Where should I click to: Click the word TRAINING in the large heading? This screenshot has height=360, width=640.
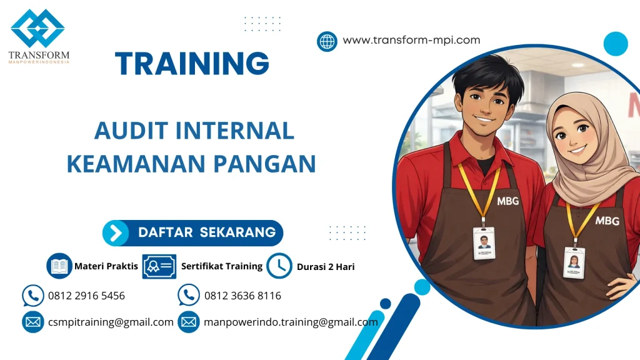[x=192, y=64]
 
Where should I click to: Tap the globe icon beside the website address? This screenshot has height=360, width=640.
[x=327, y=41]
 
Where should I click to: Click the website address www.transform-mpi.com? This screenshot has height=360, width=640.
[x=411, y=40]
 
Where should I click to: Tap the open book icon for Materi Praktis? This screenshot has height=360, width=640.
[x=59, y=266]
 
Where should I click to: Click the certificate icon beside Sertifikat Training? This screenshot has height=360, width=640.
[x=159, y=266]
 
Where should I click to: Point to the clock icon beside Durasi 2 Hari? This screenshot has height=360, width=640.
[x=279, y=266]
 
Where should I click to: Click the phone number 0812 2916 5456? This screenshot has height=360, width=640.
[x=86, y=296]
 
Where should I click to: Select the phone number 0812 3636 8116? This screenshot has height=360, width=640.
[x=242, y=296]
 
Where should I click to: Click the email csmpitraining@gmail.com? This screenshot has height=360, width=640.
[x=111, y=322]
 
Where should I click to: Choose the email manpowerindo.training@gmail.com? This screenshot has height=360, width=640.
[x=291, y=322]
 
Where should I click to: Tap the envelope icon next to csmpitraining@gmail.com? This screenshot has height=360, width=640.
[x=32, y=322]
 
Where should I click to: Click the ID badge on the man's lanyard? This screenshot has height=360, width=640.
[x=483, y=243]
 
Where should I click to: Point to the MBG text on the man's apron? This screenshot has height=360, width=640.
[x=507, y=201]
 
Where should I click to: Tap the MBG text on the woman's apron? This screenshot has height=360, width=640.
[x=606, y=221]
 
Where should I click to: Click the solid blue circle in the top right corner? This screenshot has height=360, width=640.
[x=615, y=44]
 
